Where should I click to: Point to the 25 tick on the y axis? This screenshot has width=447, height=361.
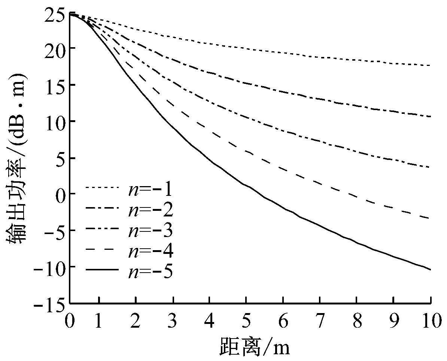tap(55, 13)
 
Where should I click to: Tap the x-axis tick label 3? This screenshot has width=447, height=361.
tap(172, 321)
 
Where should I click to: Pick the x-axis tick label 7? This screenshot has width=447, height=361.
tap(319, 321)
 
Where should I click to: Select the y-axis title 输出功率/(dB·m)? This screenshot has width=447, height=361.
tap(17, 157)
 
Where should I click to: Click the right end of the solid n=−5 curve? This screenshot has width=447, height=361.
tap(431, 269)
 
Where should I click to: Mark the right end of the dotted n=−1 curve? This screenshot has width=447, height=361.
tap(431, 66)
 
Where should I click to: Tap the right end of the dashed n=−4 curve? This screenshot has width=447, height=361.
tap(431, 219)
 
